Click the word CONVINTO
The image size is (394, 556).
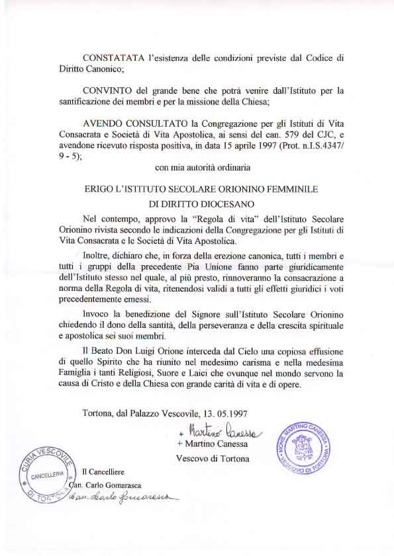(105, 90)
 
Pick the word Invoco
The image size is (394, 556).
(98, 313)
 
